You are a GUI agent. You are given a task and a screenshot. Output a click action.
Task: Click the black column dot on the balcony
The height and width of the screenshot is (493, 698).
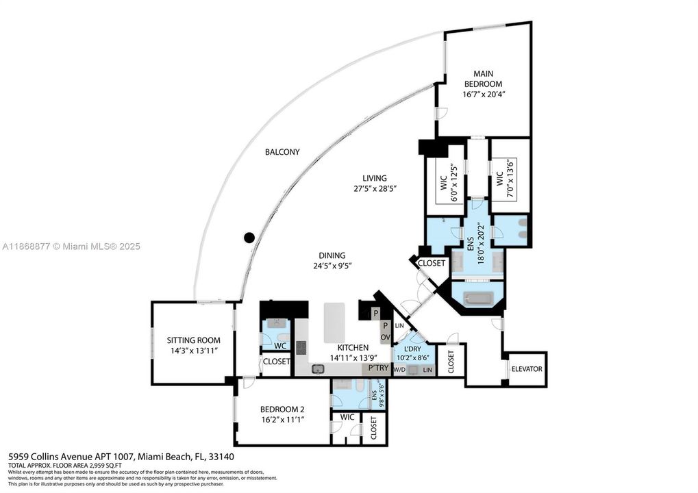tap(249, 238)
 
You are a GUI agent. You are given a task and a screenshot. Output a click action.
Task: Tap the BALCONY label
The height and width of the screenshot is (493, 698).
tap(282, 152)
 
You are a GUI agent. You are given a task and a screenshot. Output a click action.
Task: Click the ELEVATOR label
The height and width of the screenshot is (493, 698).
tap(527, 369)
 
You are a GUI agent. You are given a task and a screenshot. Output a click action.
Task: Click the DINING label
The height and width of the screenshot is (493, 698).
tap(332, 255)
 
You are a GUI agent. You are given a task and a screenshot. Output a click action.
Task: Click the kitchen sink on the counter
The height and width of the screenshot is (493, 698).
tap(318, 369)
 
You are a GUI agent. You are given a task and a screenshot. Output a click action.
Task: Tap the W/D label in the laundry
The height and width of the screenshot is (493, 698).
tap(399, 370)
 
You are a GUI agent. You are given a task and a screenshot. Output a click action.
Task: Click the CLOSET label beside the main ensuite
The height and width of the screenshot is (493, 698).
tap(432, 263)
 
